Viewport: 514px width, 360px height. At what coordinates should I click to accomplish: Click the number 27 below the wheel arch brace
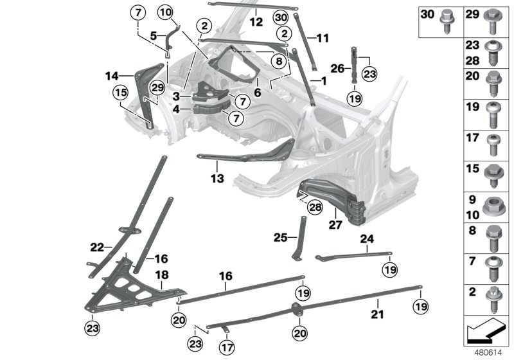(334, 225)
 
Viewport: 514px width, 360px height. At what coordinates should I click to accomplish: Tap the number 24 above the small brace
(366, 239)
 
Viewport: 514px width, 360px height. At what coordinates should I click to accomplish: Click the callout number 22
(97, 246)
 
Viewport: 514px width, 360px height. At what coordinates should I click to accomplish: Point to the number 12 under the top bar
(256, 21)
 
